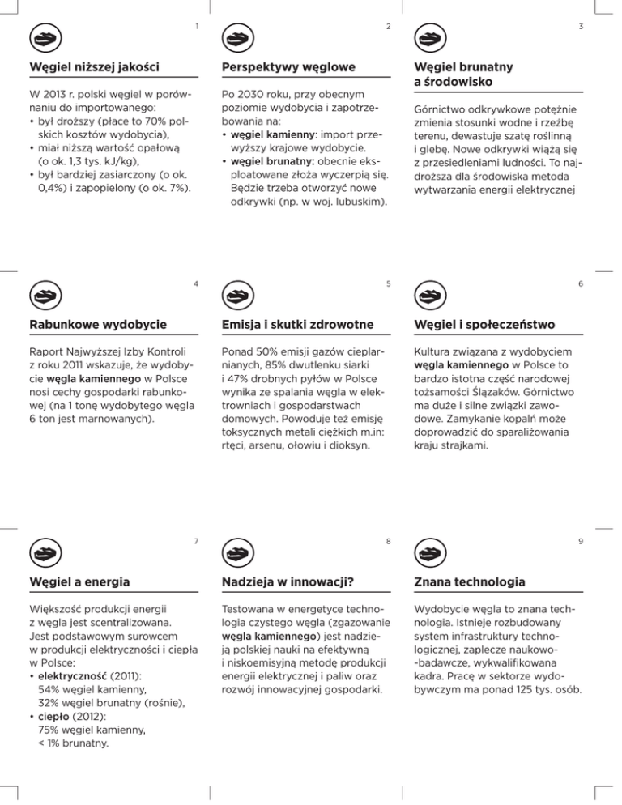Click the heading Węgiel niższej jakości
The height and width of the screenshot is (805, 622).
coord(93,65)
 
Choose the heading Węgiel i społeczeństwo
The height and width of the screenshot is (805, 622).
coord(484,325)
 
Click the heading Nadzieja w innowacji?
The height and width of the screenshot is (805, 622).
coord(291,582)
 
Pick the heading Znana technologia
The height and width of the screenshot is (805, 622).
coord(469,582)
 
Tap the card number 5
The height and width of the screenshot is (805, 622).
coord(389,283)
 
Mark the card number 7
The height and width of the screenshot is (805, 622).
coord(196,541)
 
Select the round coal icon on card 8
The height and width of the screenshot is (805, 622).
coord(235,554)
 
